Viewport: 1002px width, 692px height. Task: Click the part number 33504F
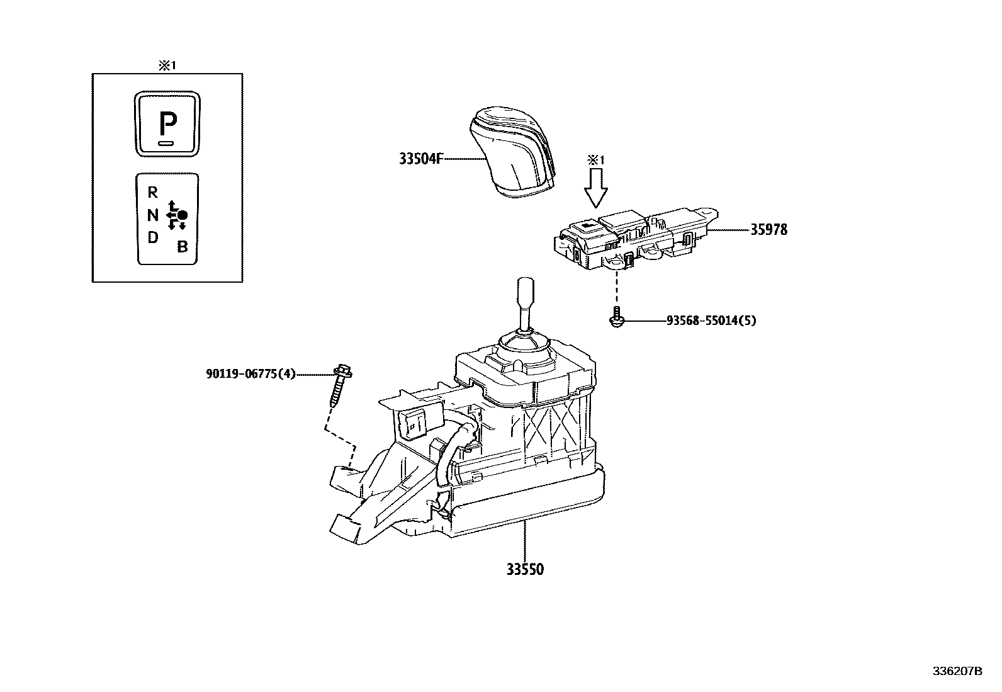(x=417, y=159)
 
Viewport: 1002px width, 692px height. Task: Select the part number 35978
(x=768, y=230)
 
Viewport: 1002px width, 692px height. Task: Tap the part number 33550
(x=525, y=569)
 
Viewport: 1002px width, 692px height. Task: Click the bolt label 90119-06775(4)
(x=250, y=374)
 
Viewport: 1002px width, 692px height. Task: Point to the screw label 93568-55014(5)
(x=711, y=320)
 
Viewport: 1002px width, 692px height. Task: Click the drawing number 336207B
(x=957, y=671)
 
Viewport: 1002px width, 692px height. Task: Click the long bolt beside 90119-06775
(x=339, y=384)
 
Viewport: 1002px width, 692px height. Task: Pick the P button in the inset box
(x=167, y=124)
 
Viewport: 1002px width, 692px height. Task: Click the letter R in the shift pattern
(x=152, y=193)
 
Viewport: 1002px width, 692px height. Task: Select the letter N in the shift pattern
(x=152, y=215)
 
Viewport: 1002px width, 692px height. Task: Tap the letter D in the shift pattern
(x=152, y=238)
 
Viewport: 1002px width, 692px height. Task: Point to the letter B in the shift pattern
(x=183, y=247)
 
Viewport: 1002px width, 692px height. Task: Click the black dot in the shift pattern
(x=183, y=215)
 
